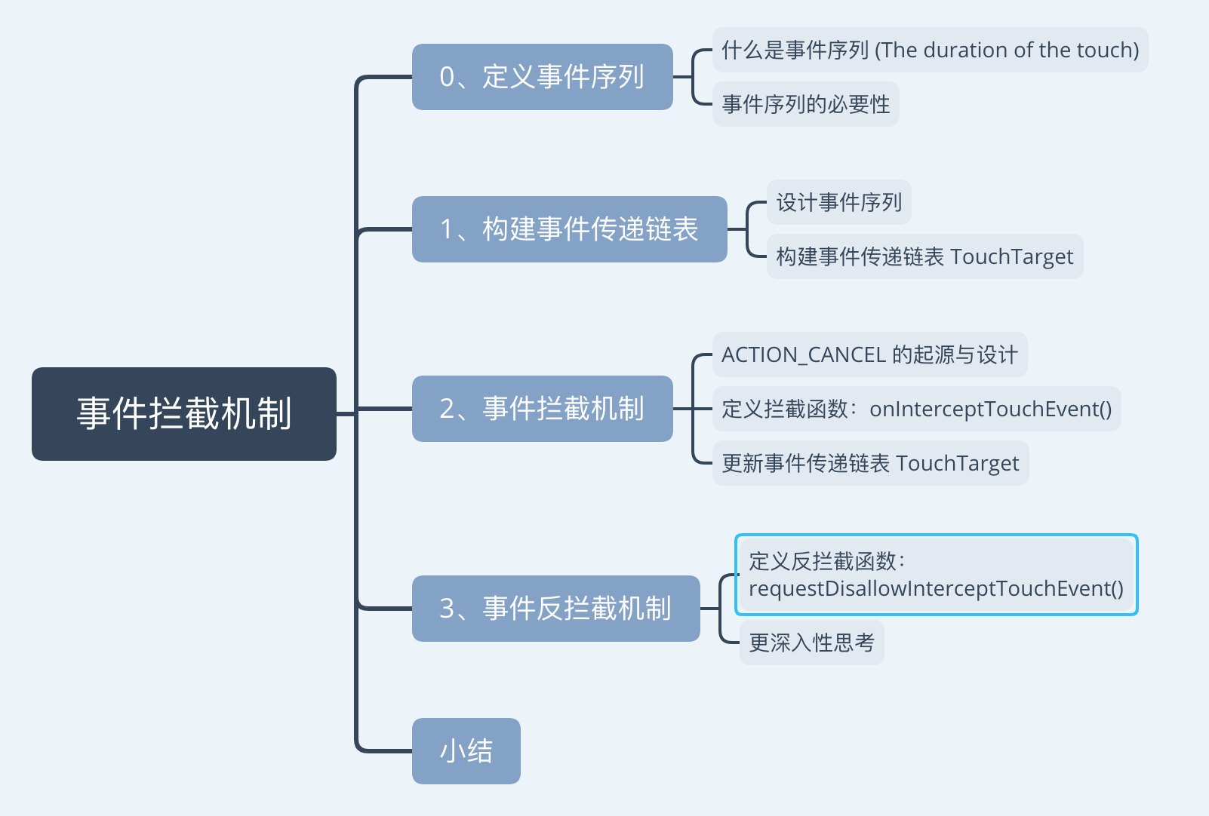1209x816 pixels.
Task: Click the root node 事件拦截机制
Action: pos(184,414)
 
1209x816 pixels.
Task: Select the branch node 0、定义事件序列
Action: pos(542,77)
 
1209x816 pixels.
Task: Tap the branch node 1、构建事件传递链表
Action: pos(569,229)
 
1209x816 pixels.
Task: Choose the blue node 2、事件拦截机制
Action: pos(542,409)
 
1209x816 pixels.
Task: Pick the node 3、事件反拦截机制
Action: pos(555,609)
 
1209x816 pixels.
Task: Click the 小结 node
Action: pos(466,751)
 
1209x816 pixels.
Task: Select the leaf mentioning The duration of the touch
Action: pos(930,51)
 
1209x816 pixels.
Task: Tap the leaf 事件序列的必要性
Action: pos(805,104)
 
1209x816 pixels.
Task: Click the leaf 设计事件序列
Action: pos(838,202)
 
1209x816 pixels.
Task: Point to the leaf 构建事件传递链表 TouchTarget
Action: pos(924,256)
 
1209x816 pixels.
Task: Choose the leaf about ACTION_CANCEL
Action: pos(869,354)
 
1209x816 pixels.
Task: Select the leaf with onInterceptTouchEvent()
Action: pos(916,409)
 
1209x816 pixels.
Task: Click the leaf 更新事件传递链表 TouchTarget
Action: pos(870,463)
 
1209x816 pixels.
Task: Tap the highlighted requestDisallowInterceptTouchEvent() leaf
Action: pos(936,575)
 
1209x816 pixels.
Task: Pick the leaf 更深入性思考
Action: pos(811,643)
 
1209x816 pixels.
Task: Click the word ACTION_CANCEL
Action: pos(803,354)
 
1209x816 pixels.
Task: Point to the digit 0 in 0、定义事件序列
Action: pos(448,77)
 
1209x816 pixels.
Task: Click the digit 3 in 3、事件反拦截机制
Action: pos(448,609)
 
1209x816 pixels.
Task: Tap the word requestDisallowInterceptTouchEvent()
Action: pos(936,589)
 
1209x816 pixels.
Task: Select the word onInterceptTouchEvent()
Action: pos(990,409)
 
